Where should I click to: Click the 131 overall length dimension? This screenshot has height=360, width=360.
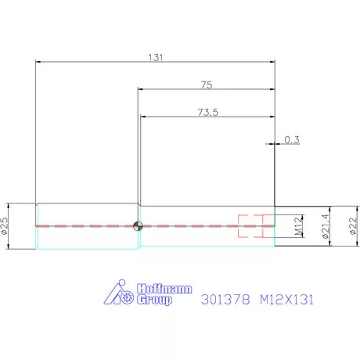tap(156, 57)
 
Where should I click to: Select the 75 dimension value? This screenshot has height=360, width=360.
tap(207, 84)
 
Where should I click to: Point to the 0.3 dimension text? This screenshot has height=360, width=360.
tap(292, 139)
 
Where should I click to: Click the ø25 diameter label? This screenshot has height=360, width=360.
tap(5, 226)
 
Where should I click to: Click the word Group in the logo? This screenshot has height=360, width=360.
tap(154, 299)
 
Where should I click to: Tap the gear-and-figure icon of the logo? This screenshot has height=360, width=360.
tap(120, 293)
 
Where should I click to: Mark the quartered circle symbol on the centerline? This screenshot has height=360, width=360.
tap(138, 227)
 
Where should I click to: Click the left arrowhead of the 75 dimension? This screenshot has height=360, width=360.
tap(141, 89)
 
